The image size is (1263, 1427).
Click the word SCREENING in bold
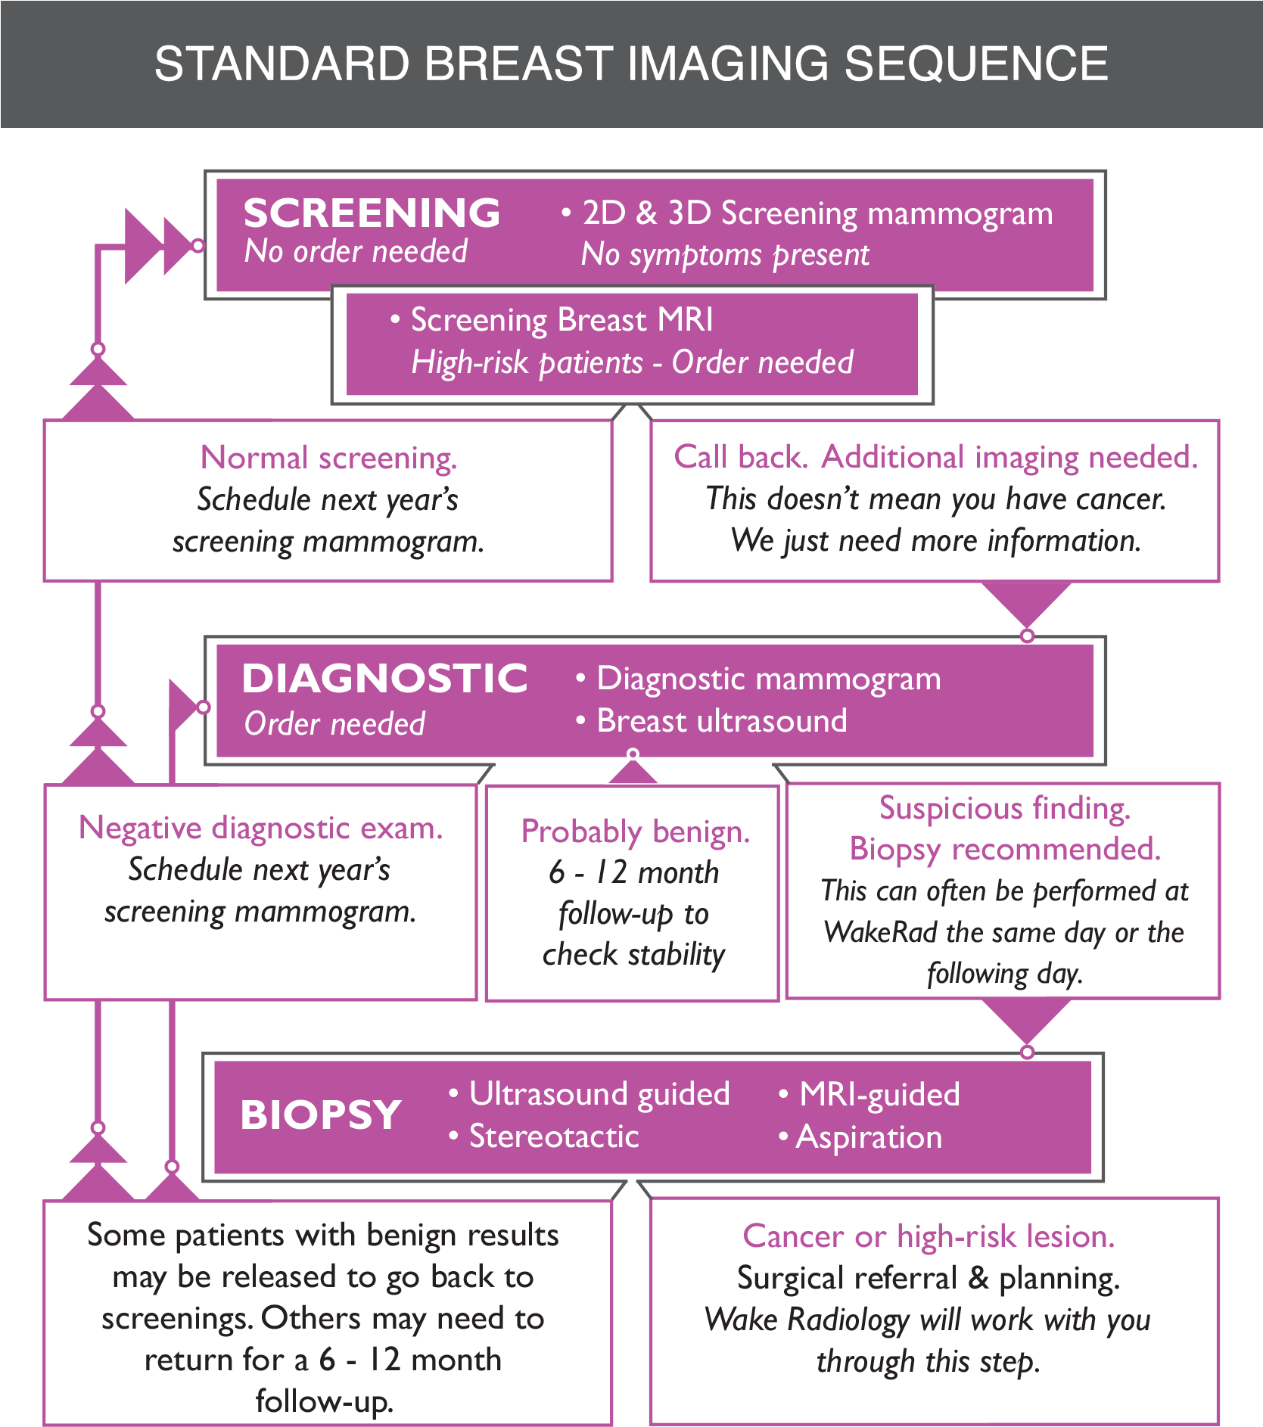[372, 213]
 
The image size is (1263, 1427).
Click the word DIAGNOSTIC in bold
[384, 678]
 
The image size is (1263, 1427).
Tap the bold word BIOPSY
[321, 1115]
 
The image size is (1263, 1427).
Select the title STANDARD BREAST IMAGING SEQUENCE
[631, 64]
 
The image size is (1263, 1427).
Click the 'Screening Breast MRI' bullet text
[561, 320]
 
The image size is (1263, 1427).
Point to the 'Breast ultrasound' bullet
[721, 721]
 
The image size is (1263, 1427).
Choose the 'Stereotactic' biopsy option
[553, 1136]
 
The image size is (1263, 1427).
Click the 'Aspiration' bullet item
[869, 1137]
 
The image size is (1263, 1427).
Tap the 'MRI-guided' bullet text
[879, 1095]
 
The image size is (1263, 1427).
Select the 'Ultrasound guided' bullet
[599, 1094]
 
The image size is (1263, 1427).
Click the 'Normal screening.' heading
[328, 458]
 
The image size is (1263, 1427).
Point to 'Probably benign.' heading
[635, 832]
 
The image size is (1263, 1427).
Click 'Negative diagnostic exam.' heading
[260, 829]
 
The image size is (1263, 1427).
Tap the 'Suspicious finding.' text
[1004, 808]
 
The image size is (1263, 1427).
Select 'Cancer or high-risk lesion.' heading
[929, 1236]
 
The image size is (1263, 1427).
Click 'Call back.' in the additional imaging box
[740, 457]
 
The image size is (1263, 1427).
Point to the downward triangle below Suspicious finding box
[1026, 1019]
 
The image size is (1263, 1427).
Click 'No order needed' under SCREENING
[356, 252]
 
